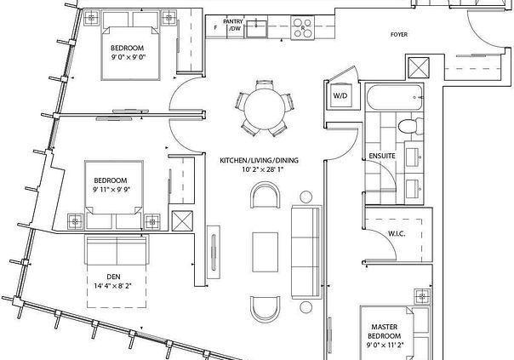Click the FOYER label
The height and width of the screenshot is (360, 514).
point(399,34)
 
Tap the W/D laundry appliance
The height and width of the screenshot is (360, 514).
point(341,95)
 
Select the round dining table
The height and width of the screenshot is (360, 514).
point(265,109)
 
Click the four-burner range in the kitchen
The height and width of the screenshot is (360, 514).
point(303,28)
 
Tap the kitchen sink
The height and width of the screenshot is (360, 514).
point(257,28)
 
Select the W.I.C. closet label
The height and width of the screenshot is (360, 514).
point(397,234)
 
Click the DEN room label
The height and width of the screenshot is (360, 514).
point(113,277)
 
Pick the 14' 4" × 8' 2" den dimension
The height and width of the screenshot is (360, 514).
point(113,286)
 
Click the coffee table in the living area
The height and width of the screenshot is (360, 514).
point(266,252)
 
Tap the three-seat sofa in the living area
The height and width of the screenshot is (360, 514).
point(306,252)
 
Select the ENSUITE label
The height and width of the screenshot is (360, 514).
point(382,156)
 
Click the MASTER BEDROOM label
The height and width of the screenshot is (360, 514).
point(385,331)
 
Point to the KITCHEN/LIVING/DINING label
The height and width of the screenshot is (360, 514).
point(259,160)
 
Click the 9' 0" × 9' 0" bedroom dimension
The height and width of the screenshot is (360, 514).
point(128,57)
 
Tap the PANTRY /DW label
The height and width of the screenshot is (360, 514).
point(233,25)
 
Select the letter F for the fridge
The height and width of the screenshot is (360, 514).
point(215,28)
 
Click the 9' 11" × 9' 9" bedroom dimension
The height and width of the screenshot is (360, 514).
point(111,190)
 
